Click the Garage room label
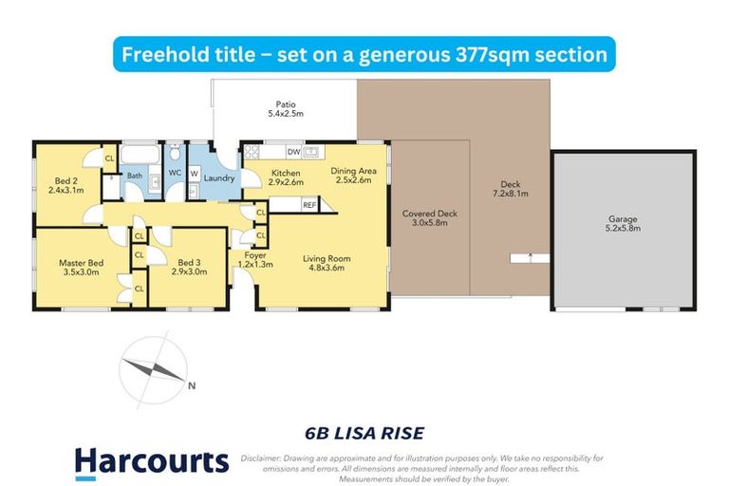click(624, 219)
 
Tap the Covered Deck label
click(429, 214)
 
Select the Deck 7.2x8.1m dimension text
click(510, 194)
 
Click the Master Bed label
click(81, 263)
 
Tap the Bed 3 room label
click(190, 263)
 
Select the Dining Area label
click(354, 171)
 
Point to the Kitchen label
click(285, 173)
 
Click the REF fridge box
click(308, 204)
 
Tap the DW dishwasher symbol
click(293, 151)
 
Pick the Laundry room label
click(219, 178)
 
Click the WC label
click(175, 173)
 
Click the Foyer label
click(254, 255)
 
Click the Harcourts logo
click(152, 462)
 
